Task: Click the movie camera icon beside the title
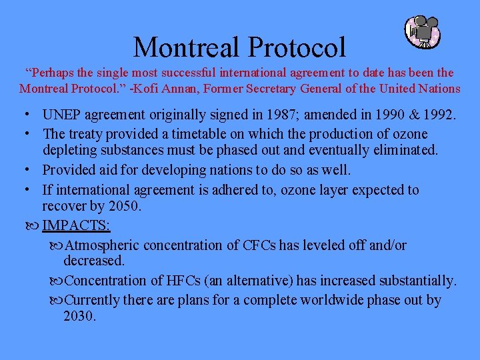coord(423,32)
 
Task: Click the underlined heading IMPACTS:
coord(76,225)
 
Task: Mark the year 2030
coord(79,316)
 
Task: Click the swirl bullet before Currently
coord(57,300)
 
